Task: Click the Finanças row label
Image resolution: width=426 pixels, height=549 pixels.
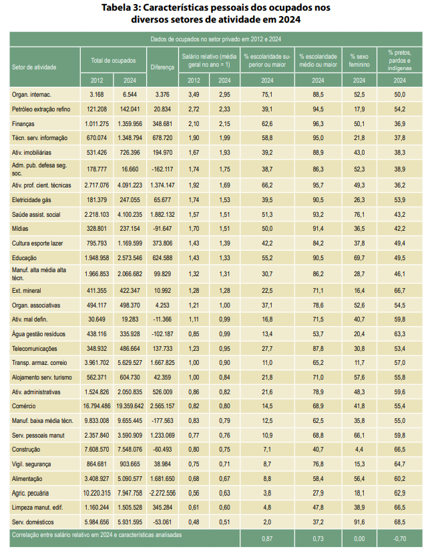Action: coord(23,124)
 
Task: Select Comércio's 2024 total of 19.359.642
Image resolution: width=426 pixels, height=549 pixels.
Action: coord(130,406)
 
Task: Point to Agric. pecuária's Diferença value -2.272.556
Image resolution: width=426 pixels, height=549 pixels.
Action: coord(162,493)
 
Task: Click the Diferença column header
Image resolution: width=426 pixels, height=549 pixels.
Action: coord(162,67)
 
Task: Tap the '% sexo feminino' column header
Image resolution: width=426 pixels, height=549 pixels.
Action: coord(359,60)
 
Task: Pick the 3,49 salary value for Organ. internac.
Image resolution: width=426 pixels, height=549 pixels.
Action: coord(194,95)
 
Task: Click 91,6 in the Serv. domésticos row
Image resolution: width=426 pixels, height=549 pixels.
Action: coord(359,522)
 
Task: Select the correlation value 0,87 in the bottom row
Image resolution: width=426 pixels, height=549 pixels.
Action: coord(267,539)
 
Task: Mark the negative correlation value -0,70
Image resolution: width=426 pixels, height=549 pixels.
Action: coord(399,539)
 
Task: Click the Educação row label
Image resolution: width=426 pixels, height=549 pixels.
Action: coord(24,258)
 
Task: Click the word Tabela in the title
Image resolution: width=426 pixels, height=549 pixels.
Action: coord(116,7)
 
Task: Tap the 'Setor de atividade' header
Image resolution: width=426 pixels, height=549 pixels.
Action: coord(34,67)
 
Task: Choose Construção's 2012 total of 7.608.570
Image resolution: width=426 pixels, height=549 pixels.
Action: coord(97,450)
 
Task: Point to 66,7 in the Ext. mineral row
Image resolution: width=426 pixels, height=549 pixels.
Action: coord(399,291)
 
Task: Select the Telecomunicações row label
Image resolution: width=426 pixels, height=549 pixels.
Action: coord(34,349)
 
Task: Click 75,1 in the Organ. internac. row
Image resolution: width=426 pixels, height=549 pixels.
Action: coord(267,95)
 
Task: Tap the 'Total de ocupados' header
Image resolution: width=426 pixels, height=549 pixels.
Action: coord(113,61)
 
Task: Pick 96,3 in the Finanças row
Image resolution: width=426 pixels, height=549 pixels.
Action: coord(318,124)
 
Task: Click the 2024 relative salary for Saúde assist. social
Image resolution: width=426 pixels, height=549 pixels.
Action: coord(224,215)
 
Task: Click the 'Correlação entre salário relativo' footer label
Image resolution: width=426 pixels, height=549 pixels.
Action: coord(97,535)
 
